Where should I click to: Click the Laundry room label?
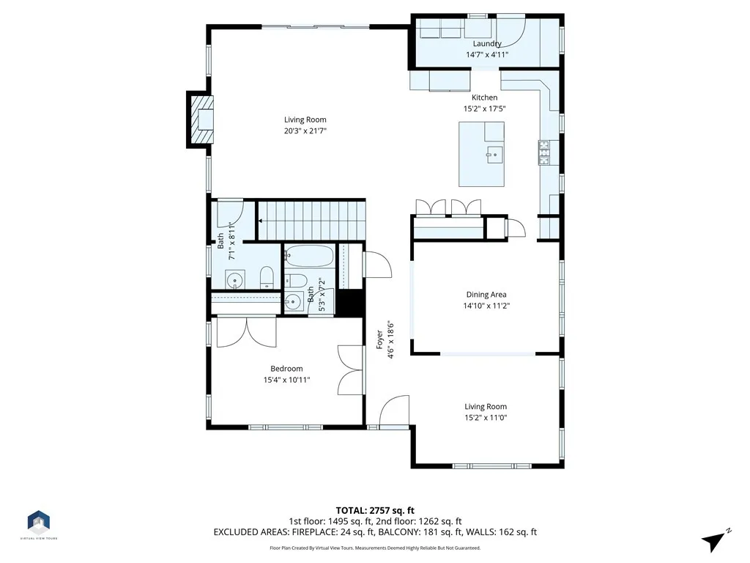(x=487, y=44)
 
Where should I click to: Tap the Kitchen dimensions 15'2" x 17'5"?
(x=484, y=108)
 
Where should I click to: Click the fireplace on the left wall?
(x=201, y=119)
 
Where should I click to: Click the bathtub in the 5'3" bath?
(x=309, y=257)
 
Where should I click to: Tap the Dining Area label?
(x=486, y=295)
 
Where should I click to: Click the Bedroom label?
(x=286, y=369)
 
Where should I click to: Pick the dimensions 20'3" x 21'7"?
(x=305, y=130)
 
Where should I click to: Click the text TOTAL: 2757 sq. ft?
(x=375, y=510)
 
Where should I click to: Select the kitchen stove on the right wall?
(x=544, y=152)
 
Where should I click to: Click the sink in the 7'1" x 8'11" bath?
(x=235, y=280)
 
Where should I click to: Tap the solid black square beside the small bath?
(x=350, y=303)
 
